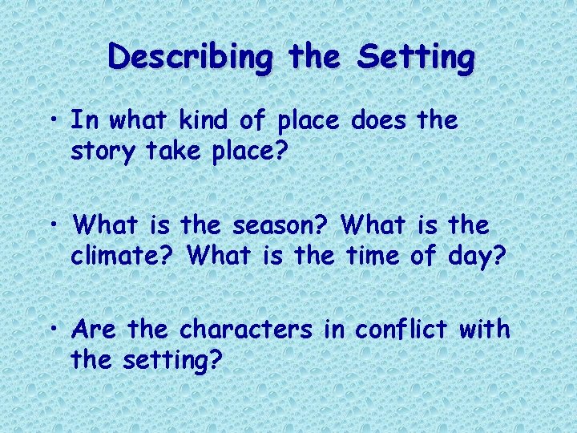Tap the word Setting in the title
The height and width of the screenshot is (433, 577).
tap(416, 57)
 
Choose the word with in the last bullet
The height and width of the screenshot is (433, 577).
tap(486, 330)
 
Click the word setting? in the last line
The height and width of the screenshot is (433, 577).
tap(172, 361)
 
